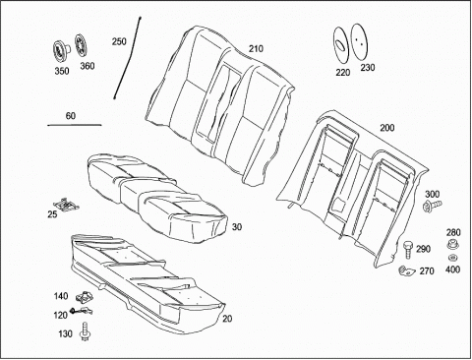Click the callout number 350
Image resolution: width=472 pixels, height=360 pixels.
click(62, 71)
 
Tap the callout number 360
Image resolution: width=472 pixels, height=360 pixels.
click(88, 66)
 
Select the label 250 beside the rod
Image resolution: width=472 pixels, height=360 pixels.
click(119, 41)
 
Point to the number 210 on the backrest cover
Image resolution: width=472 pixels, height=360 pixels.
click(256, 48)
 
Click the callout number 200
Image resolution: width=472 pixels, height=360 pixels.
click(387, 128)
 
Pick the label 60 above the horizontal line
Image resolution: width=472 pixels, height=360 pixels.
click(71, 116)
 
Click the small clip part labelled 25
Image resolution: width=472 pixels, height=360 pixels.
click(68, 204)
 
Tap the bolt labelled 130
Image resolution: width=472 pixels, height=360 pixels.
click(85, 331)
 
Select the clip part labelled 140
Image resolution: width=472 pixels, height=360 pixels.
click(85, 297)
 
